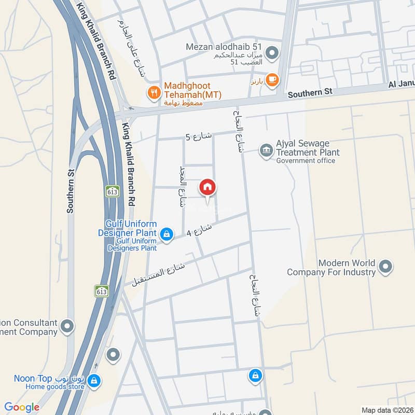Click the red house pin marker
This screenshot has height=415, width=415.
208,188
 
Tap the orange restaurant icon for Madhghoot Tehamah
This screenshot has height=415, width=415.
154,93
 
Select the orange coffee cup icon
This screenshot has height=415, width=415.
272,79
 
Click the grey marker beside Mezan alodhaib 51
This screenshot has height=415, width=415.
274,53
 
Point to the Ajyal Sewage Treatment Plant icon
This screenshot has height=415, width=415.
267,150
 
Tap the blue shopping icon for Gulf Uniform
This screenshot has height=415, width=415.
166,235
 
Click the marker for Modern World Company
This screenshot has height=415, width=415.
385,267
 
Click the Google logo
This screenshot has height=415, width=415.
22,408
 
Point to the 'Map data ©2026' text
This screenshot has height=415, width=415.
386,410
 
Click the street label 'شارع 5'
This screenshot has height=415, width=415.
199,137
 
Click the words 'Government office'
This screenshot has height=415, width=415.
306,161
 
